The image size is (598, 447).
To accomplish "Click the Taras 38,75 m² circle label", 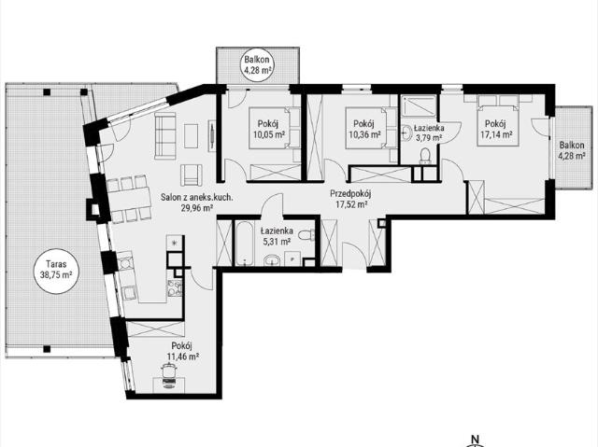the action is click(x=56, y=269).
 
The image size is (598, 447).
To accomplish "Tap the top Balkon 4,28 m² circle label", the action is click(x=258, y=64).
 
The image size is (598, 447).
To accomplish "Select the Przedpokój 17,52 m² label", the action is click(x=350, y=199).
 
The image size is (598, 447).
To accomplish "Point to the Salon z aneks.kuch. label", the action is click(x=196, y=198).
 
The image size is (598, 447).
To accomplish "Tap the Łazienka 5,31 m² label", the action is click(x=277, y=236).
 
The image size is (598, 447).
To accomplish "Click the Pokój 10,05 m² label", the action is click(x=269, y=129).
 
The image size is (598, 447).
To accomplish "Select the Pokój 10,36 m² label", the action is click(x=364, y=129).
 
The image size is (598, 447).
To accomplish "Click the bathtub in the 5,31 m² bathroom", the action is click(x=245, y=243).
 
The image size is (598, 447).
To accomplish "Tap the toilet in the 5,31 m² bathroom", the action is click(x=306, y=235).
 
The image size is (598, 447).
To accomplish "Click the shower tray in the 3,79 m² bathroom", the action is click(x=420, y=105).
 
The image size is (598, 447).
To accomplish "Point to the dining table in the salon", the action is click(x=130, y=199).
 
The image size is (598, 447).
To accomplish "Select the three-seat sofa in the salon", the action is click(x=164, y=135).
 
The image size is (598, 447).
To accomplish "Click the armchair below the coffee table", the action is click(x=191, y=175).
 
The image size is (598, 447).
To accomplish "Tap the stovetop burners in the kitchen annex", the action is click(x=175, y=287).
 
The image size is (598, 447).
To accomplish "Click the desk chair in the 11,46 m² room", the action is click(x=169, y=373).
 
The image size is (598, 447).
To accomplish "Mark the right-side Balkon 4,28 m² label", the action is click(x=571, y=150).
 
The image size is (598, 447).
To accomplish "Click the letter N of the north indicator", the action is click(x=476, y=439).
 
